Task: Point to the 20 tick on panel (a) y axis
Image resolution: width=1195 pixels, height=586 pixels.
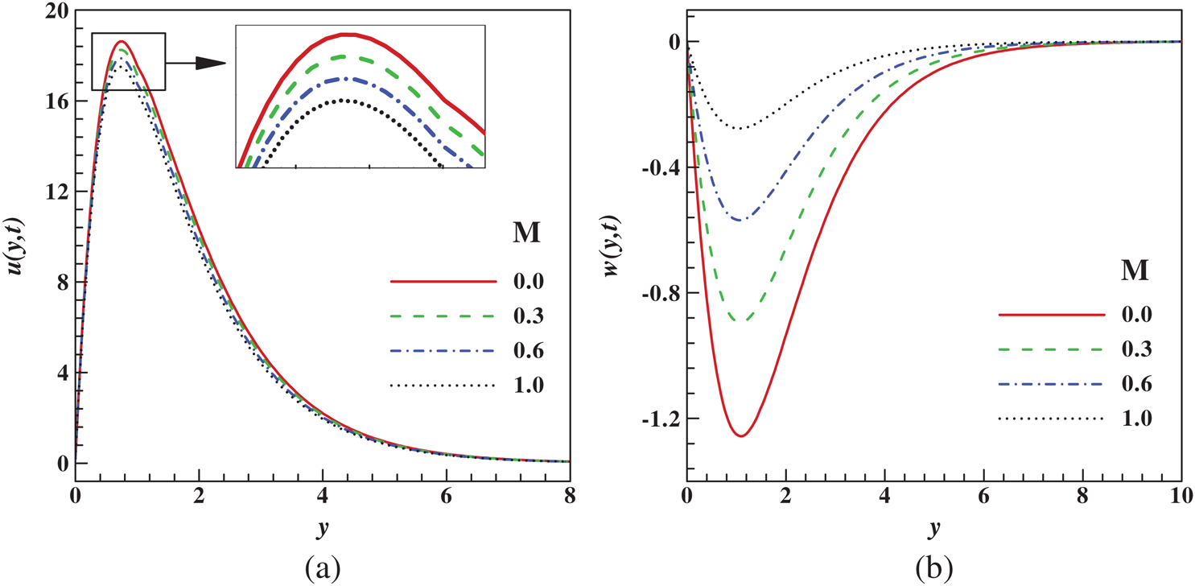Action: click(x=56, y=10)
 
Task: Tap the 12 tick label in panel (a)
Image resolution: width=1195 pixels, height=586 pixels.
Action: click(x=56, y=192)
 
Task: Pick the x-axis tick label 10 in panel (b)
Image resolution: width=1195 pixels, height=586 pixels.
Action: click(x=1181, y=498)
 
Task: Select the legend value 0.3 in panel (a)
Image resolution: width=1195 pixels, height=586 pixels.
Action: click(x=527, y=316)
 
